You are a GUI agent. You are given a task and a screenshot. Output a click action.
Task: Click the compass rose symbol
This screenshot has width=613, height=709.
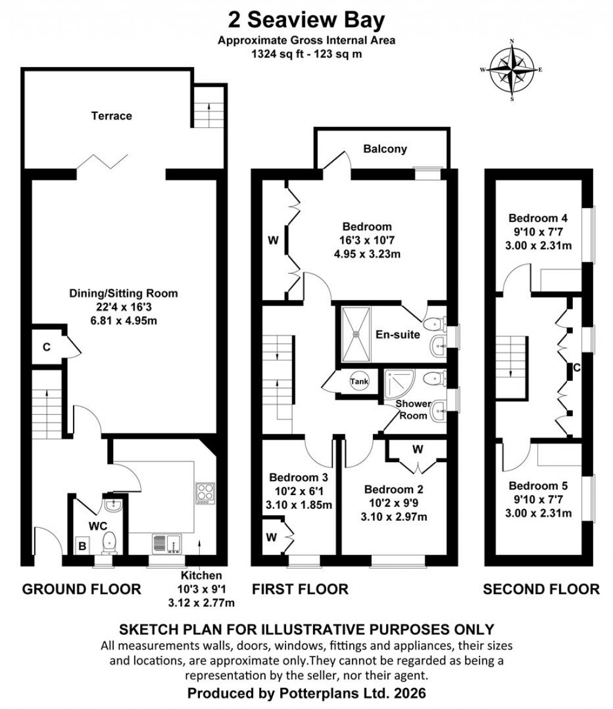[512, 70]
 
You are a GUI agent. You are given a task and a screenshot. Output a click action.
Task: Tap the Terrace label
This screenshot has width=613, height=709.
[111, 115]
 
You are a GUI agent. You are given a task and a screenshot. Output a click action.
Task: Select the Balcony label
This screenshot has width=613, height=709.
[385, 149]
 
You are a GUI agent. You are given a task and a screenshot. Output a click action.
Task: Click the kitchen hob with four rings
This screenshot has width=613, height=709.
[205, 493]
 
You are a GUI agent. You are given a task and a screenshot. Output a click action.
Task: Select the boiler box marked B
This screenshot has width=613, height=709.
[82, 545]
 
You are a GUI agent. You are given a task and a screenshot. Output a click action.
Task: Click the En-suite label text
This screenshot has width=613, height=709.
[398, 335]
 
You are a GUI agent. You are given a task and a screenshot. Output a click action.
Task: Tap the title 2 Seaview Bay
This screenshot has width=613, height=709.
[306, 20]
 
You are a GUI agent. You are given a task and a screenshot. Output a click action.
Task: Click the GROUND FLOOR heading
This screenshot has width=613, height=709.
[81, 589]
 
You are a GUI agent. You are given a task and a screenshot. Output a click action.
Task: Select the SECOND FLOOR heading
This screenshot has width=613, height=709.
[541, 589]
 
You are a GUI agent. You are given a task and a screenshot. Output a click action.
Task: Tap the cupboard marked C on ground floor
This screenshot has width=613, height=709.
[45, 347]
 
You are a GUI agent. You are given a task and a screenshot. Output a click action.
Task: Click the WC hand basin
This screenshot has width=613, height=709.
[113, 506]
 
